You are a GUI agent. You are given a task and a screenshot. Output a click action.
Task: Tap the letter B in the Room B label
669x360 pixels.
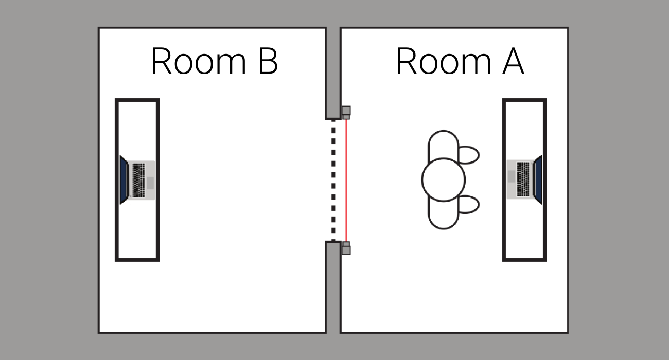(267, 61)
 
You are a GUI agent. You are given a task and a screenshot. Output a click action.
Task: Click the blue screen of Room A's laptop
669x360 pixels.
(538, 179)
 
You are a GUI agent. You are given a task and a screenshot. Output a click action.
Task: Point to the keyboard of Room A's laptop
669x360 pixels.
(523, 179)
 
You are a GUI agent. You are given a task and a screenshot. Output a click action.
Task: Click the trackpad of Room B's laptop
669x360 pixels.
(150, 183)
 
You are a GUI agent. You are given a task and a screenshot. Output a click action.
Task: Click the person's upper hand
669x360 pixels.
(468, 155)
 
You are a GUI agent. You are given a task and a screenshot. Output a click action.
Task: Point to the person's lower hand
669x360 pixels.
(468, 204)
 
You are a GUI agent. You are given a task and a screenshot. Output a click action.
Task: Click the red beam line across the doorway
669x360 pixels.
(346, 180)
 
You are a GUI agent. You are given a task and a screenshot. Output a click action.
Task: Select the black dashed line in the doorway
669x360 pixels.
(333, 180)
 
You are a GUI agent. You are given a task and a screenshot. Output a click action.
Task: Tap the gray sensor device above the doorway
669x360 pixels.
(346, 112)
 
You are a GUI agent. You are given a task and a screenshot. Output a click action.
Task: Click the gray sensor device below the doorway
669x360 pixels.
(346, 248)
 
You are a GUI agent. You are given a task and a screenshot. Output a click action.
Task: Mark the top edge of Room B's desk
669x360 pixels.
(137, 100)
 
